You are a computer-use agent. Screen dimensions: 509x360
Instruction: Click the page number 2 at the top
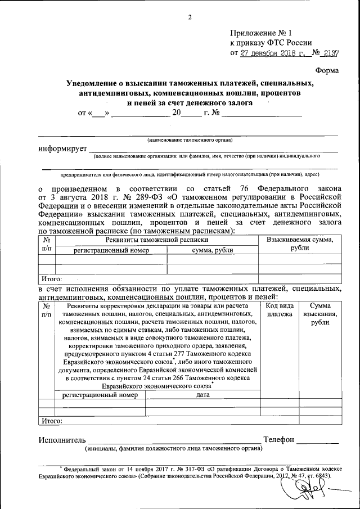(x=190, y=17)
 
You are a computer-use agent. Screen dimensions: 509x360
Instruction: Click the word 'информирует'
(x=62, y=148)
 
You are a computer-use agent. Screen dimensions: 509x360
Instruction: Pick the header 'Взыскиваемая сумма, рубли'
(x=299, y=244)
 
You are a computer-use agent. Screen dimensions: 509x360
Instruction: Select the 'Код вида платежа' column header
(x=280, y=309)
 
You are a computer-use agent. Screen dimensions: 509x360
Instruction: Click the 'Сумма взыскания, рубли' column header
(x=320, y=314)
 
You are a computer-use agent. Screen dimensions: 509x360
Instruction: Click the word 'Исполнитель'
(x=62, y=439)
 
